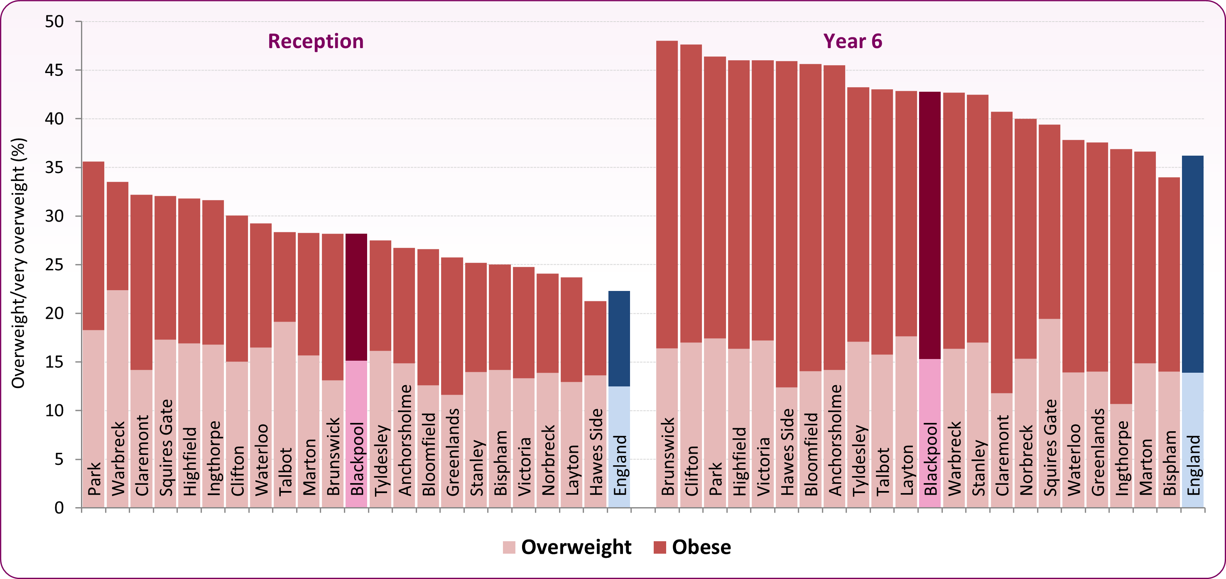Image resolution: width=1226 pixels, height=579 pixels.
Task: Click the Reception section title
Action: click(316, 42)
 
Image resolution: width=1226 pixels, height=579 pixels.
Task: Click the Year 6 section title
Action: click(852, 42)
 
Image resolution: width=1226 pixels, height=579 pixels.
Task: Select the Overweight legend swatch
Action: click(509, 547)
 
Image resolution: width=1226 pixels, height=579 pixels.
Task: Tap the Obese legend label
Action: click(701, 547)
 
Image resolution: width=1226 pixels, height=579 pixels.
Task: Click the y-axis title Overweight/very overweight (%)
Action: click(18, 263)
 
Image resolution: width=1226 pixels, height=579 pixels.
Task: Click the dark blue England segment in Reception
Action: click(619, 338)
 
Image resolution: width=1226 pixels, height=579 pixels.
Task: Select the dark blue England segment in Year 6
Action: click(1192, 264)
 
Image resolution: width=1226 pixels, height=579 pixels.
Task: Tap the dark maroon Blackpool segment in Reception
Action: click(356, 297)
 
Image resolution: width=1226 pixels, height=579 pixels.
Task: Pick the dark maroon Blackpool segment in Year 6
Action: click(929, 225)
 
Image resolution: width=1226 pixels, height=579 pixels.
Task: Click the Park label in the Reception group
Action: click(94, 478)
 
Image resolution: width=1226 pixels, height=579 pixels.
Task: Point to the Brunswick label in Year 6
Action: click(667, 456)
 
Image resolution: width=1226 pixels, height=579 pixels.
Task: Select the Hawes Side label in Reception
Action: click(596, 452)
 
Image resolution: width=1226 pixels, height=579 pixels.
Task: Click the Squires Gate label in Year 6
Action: click(1049, 447)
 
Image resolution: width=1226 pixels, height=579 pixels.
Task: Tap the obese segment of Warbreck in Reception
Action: click(118, 236)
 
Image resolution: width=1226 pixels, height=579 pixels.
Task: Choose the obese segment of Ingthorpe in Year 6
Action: click(1121, 276)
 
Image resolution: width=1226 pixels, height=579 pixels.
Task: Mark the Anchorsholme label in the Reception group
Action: click(405, 440)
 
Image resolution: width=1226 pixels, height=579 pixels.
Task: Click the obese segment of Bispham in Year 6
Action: click(1168, 274)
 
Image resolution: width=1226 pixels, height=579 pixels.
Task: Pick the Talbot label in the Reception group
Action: click(284, 471)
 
